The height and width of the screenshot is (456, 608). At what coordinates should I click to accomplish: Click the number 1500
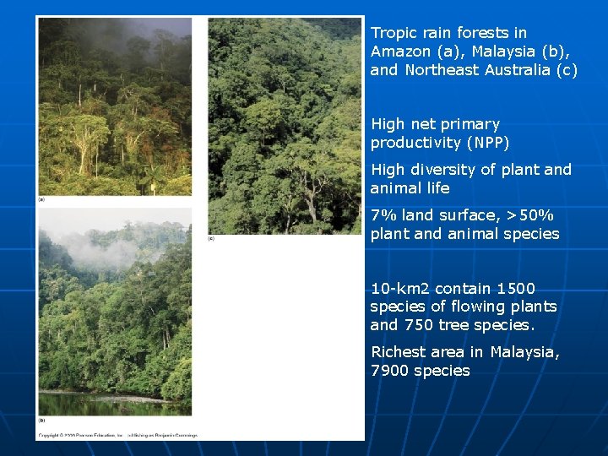[x=516, y=289]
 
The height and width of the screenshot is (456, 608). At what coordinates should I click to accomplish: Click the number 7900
[x=388, y=371]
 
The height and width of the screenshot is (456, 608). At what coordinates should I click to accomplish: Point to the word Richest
[x=399, y=352]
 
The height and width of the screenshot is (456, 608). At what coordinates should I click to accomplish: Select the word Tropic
[x=394, y=33]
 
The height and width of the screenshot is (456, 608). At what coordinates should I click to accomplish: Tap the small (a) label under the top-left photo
[x=42, y=199]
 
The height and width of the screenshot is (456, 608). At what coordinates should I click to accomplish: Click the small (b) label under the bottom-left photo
[x=42, y=420]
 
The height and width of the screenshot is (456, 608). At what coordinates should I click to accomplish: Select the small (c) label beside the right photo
[x=211, y=238]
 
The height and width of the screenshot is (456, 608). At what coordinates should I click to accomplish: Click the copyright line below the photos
[x=117, y=435]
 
